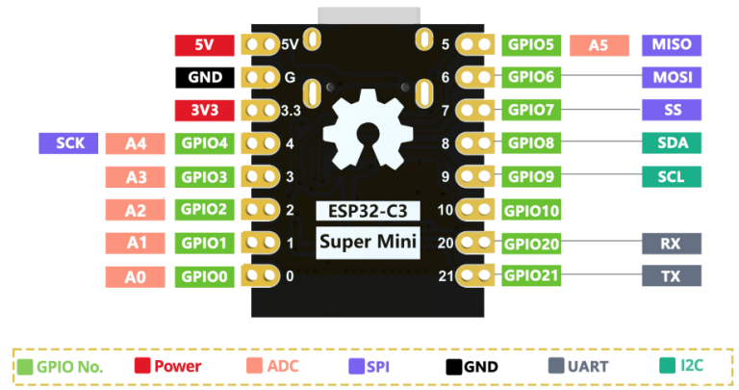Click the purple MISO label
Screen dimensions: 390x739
(x=671, y=44)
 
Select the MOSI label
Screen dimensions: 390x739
(x=671, y=78)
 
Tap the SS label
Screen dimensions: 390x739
(x=671, y=111)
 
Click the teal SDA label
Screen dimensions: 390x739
(x=671, y=143)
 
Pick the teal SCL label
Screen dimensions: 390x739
(x=671, y=177)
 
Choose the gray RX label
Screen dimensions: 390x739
(x=671, y=244)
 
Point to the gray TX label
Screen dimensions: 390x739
(x=671, y=276)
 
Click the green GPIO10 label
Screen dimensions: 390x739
(x=531, y=211)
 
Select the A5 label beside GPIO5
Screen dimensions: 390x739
(x=599, y=44)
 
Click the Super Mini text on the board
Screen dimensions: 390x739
(x=369, y=241)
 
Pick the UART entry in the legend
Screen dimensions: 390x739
(x=580, y=367)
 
